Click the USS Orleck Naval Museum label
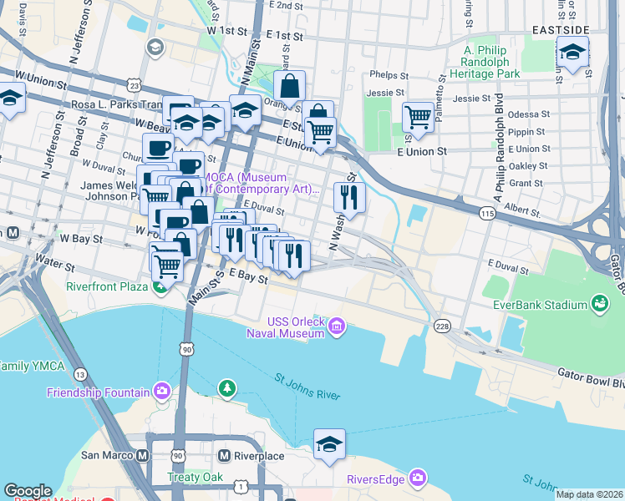(295, 328)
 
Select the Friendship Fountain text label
(98, 392)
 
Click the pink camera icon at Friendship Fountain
(161, 391)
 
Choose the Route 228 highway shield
(441, 325)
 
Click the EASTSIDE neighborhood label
(560, 30)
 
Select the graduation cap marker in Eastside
(572, 54)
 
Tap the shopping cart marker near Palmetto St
(418, 118)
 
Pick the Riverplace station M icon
(224, 456)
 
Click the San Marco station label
(107, 456)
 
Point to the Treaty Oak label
(195, 478)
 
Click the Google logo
(28, 491)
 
